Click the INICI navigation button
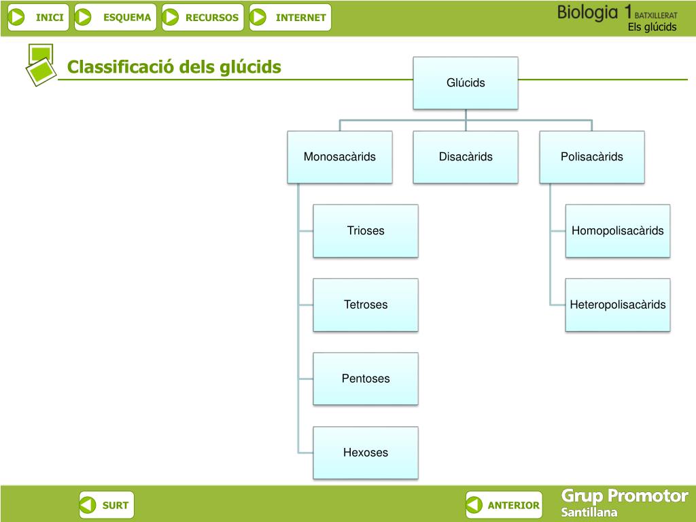click(x=38, y=18)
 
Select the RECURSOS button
click(x=203, y=18)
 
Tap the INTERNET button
click(x=290, y=18)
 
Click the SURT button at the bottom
click(x=107, y=505)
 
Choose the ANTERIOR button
click(x=504, y=505)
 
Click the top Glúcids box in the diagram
click(x=466, y=83)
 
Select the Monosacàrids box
click(x=340, y=157)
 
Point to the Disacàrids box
click(x=466, y=157)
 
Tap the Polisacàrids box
click(x=591, y=157)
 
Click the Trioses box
click(x=366, y=231)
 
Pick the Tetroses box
click(x=366, y=304)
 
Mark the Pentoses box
click(x=366, y=379)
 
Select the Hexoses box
click(x=366, y=453)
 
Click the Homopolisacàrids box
click(x=617, y=231)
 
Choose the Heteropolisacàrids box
click(x=617, y=304)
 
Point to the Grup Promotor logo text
click(x=625, y=496)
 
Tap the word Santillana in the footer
click(x=589, y=512)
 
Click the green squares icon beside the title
click(x=40, y=64)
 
